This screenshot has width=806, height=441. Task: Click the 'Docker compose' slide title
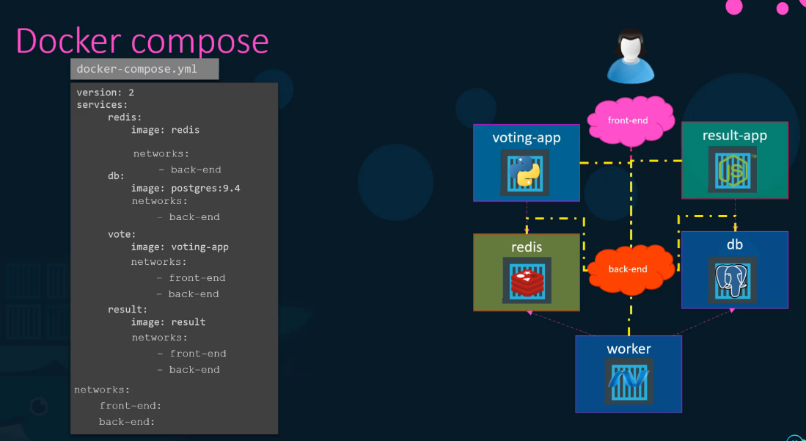[142, 41]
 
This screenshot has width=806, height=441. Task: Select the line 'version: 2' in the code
[105, 92]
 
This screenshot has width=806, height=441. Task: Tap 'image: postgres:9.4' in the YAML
[186, 189]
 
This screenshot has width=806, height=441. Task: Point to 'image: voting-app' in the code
[180, 247]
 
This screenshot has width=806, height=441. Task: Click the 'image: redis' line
[165, 130]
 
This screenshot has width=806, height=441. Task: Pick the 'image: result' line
[168, 322]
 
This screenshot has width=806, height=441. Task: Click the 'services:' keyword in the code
[102, 105]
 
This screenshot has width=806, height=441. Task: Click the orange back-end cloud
[629, 269]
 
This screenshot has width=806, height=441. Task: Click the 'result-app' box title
[734, 136]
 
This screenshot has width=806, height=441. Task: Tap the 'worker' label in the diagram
[629, 349]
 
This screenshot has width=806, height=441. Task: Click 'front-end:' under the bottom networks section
[131, 406]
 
